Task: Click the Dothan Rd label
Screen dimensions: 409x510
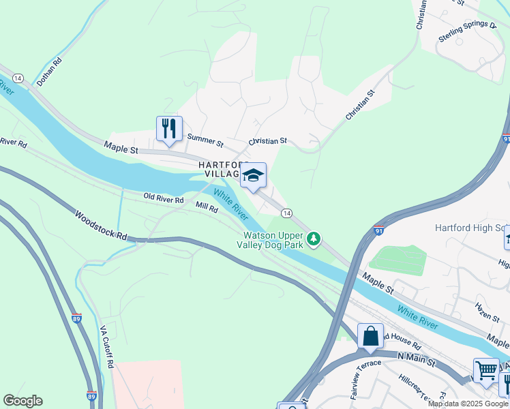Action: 49,70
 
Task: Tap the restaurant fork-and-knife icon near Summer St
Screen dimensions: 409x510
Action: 168,128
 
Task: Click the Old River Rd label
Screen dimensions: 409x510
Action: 164,200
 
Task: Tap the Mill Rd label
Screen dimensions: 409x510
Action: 207,208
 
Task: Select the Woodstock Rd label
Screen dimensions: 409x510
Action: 102,227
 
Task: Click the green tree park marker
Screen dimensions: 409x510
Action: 314,239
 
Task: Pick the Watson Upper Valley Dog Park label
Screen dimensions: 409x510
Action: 274,242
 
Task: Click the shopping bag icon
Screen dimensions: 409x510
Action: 370,336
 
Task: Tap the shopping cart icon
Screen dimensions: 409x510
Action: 486,371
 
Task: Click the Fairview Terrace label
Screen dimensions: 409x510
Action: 351,385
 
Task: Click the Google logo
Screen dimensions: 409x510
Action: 22,401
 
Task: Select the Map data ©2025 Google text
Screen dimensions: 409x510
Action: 468,404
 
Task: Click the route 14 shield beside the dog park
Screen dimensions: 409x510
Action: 287,214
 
